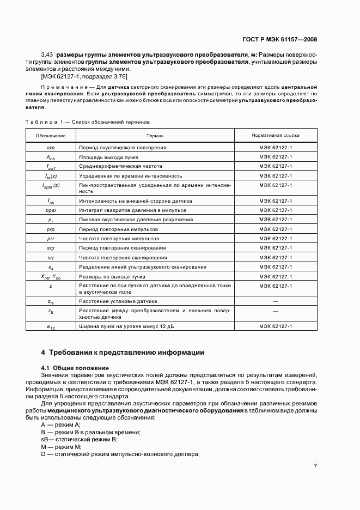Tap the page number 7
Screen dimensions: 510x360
point(315,465)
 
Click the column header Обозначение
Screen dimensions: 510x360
point(51,135)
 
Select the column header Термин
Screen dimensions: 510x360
point(155,135)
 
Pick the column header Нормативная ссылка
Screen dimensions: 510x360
point(275,135)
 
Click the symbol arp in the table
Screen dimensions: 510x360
point(51,148)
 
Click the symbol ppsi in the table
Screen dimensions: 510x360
point(51,210)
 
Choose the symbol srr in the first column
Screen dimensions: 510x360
point(51,257)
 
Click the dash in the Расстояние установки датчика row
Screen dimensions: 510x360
point(275,301)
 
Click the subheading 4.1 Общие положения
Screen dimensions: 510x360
point(75,368)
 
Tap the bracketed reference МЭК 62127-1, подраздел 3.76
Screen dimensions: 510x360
point(84,77)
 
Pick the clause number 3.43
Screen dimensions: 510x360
point(47,55)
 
